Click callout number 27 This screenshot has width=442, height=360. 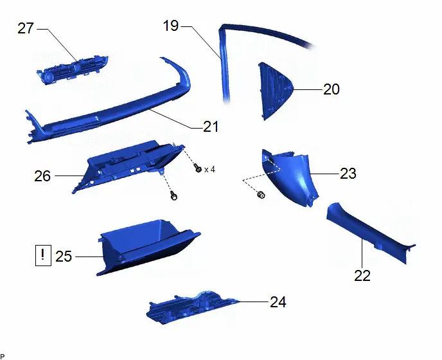[x=26, y=28]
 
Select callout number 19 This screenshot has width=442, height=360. [x=171, y=26]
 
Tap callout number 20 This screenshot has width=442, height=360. [x=331, y=89]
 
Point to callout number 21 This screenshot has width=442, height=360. [x=211, y=127]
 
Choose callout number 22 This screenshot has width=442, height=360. [x=362, y=276]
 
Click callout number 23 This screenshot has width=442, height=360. [x=348, y=174]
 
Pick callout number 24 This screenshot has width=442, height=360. [x=278, y=302]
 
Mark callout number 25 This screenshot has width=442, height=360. [x=64, y=256]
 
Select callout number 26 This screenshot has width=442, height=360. [x=42, y=176]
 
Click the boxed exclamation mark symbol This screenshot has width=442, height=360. [x=43, y=256]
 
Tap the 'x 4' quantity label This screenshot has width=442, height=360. [x=209, y=170]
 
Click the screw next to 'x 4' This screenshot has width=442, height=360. [x=198, y=168]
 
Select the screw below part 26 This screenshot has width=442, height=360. [x=174, y=195]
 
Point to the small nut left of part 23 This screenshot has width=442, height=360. [x=261, y=194]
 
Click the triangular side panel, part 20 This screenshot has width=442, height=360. [x=274, y=91]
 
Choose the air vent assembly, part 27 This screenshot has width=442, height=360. [x=72, y=69]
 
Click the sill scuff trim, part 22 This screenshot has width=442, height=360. [x=369, y=233]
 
